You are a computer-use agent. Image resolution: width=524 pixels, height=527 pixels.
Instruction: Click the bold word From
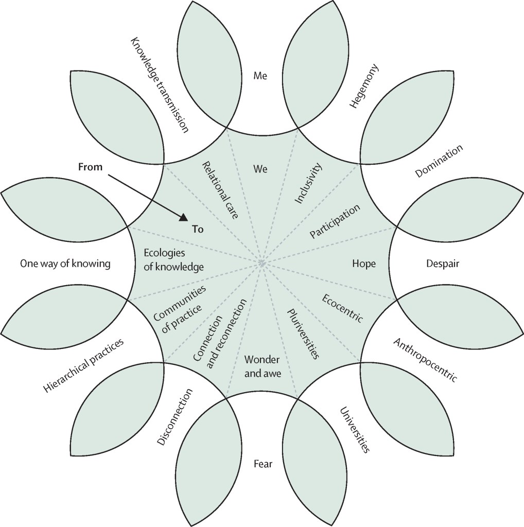tap(90, 167)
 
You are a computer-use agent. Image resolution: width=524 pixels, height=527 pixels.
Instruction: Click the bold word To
tap(198, 230)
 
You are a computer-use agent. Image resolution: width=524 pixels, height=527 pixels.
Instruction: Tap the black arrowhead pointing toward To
tap(183, 218)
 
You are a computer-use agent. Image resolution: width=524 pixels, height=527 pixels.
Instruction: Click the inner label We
tap(260, 168)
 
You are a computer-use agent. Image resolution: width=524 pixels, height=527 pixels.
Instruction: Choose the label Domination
tap(439, 161)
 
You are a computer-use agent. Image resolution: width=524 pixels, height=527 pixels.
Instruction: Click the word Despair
tap(442, 263)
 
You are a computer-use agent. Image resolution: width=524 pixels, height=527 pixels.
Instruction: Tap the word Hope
tap(364, 263)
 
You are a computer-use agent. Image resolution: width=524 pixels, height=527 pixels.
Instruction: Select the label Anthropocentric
tap(425, 360)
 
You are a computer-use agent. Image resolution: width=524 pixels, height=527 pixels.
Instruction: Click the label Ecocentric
tap(343, 308)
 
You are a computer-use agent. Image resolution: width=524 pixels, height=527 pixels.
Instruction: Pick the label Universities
tap(355, 430)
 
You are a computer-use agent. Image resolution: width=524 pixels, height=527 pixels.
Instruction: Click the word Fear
tap(263, 464)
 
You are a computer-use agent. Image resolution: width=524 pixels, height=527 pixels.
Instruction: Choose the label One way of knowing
tap(65, 264)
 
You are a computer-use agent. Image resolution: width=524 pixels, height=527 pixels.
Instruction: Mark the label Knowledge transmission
tap(158, 84)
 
